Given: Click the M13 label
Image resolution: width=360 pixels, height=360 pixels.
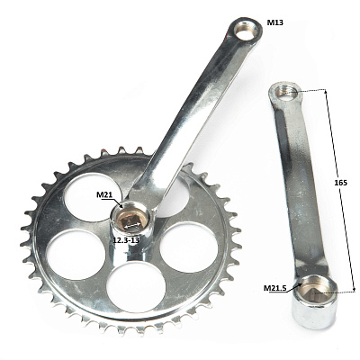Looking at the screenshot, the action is [x=274, y=22].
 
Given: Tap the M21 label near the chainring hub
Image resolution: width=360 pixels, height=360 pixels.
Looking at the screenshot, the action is [x=104, y=194].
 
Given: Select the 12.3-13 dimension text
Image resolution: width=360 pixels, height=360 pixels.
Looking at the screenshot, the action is [x=126, y=240].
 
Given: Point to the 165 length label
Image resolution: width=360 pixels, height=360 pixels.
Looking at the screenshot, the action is [x=341, y=183].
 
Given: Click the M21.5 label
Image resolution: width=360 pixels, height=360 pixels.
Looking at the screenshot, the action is [x=275, y=288].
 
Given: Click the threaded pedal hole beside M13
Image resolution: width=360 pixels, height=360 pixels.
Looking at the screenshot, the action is [x=246, y=31].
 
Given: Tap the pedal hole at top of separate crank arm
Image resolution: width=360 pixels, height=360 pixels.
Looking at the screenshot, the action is [x=286, y=92].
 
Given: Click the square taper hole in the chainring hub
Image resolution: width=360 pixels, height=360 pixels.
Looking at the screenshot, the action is [x=131, y=221].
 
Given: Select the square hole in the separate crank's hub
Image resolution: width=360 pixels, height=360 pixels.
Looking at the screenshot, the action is [x=317, y=292].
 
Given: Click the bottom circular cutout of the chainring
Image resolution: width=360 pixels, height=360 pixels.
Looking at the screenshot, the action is [x=136, y=286].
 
